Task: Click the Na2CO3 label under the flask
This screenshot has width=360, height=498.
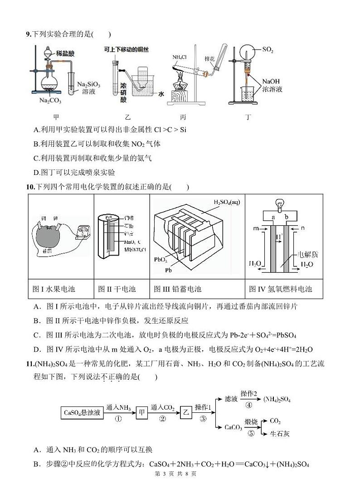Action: [x=50, y=100]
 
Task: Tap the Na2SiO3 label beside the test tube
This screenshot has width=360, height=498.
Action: [x=89, y=84]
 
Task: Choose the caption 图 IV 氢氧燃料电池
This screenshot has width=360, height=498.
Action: [x=281, y=289]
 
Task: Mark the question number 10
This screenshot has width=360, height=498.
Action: [x=30, y=187]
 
